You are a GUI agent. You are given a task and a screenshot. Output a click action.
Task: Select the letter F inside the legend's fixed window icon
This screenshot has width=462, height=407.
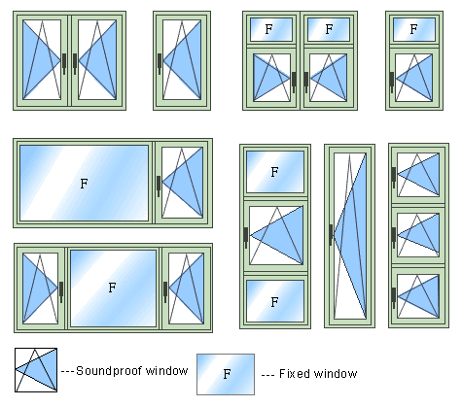point(227,374)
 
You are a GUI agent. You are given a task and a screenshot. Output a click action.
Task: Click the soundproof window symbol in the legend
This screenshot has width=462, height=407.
point(36,370)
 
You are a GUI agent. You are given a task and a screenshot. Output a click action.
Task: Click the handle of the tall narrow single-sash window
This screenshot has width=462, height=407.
point(331,235)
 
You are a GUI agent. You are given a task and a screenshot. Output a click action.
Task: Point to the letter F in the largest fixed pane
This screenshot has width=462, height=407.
point(84,184)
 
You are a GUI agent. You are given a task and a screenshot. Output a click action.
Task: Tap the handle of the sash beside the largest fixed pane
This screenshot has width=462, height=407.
point(159,186)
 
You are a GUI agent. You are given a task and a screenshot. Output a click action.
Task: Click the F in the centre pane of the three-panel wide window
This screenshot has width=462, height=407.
point(112,288)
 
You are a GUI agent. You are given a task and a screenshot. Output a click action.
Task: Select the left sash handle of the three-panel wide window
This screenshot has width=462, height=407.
point(61,291)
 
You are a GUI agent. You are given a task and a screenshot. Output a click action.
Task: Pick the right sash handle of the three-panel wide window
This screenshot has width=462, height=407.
point(165,291)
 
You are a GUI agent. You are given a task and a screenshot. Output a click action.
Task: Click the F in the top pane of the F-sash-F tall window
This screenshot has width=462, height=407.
point(274,172)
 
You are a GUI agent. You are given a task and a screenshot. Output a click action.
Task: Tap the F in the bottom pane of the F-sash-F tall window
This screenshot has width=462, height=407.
point(274,302)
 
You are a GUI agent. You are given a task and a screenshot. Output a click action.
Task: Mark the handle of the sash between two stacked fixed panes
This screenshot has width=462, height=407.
point(246,237)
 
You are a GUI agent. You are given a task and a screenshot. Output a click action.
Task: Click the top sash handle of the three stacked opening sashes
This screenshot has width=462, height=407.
point(394,177)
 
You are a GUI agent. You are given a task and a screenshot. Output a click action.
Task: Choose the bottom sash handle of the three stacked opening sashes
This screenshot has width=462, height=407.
point(394,298)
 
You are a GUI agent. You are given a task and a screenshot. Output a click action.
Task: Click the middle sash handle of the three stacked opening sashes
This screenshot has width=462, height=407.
point(394,237)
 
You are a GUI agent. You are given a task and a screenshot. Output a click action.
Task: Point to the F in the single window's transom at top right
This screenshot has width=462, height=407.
point(413,29)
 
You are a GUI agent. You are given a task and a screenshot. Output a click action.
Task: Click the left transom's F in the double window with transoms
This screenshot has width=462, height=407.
point(268,29)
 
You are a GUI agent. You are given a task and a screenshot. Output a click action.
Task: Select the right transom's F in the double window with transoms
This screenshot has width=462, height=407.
point(329,29)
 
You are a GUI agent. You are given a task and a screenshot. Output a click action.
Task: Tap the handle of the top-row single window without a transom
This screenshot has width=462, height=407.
point(160,63)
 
